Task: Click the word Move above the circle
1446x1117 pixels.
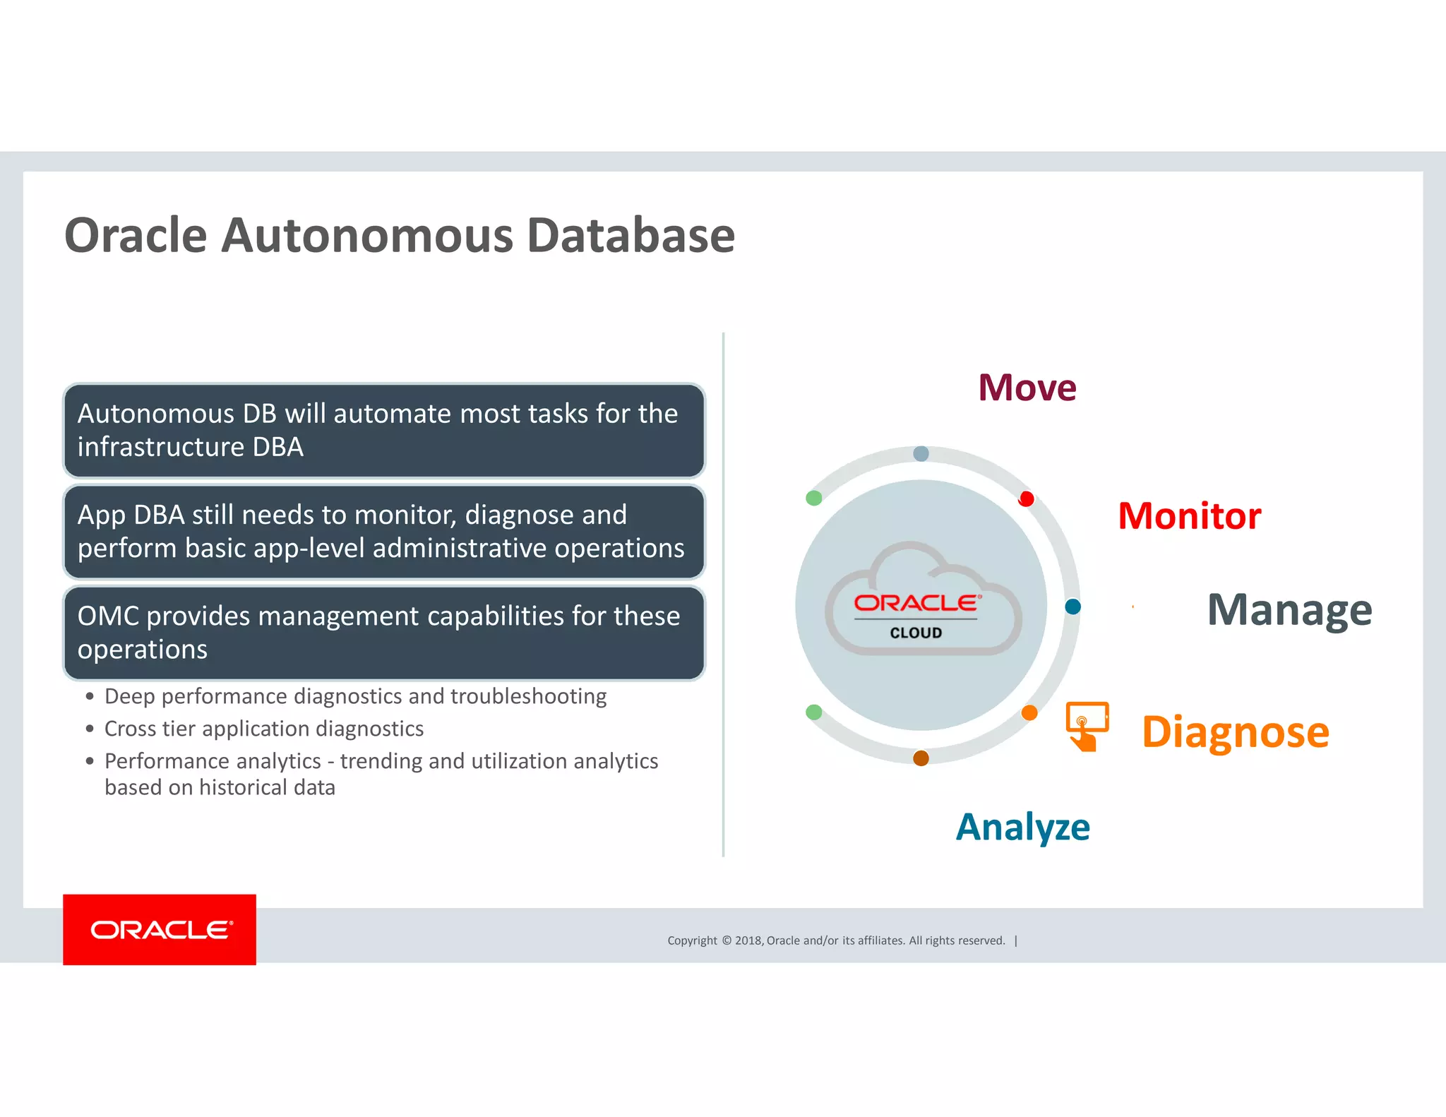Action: coord(1027,388)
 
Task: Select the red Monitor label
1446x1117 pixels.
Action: coord(1189,516)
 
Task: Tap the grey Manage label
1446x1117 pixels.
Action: coord(1289,610)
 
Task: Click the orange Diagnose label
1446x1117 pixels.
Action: coord(1235,732)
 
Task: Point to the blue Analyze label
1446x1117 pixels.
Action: coord(1022,827)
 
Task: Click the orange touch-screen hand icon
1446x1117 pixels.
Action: coord(1086,726)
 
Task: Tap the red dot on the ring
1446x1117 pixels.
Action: coord(1027,499)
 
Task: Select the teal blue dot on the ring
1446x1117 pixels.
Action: coord(1072,607)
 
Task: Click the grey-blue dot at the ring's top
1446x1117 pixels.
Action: coord(921,453)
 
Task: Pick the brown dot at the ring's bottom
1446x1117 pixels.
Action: coord(921,758)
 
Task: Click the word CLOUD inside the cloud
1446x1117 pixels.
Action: coord(916,633)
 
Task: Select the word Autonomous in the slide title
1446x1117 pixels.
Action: coord(367,235)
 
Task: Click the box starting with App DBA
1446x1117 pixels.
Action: coord(384,532)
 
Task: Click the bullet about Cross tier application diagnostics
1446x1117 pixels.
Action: coord(263,729)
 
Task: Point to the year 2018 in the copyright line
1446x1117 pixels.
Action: coord(748,940)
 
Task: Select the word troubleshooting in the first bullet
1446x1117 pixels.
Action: coord(528,697)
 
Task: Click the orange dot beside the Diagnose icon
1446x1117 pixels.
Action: coord(1029,713)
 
